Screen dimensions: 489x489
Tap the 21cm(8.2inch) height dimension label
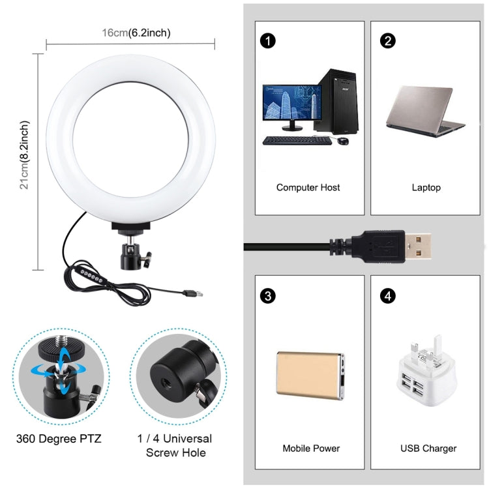click(x=25, y=155)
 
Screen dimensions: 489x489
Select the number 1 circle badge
click(x=266, y=41)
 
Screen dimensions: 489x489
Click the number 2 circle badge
click(x=389, y=41)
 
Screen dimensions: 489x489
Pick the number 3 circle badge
click(x=266, y=296)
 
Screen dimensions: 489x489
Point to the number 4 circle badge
click(x=389, y=296)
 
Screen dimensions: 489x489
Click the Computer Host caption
click(x=308, y=187)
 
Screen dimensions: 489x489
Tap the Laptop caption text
click(x=426, y=187)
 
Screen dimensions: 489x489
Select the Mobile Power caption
click(x=311, y=448)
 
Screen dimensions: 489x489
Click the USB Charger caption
click(x=428, y=448)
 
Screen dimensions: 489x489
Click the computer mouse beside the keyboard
click(x=343, y=140)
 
